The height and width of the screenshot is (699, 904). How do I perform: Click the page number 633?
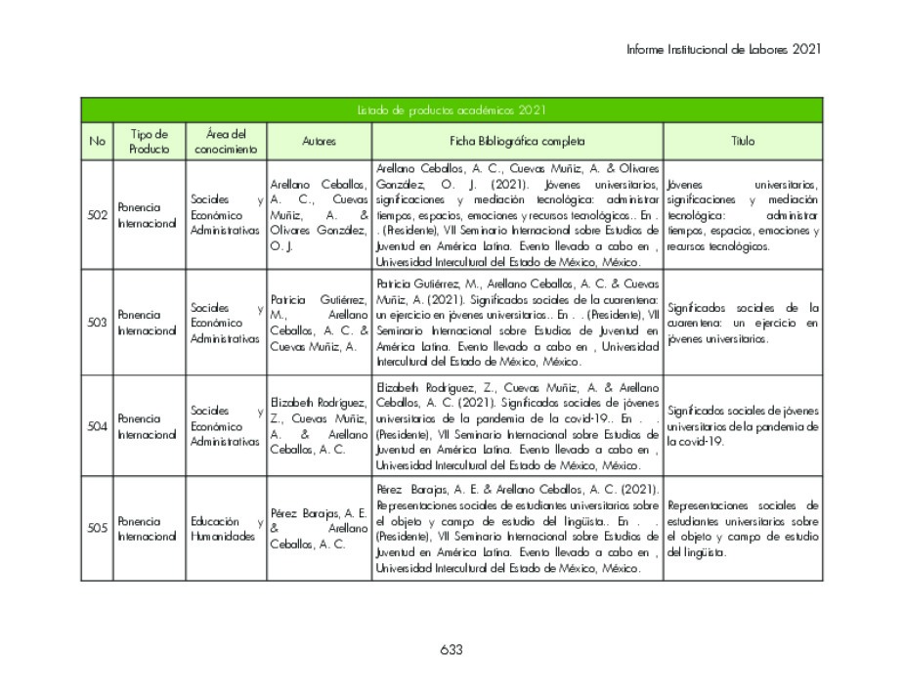coord(451,650)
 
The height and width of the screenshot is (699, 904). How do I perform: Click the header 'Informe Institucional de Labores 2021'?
coord(723,48)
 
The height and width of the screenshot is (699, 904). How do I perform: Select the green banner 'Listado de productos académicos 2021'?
coord(451,110)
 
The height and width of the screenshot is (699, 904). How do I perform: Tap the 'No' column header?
coord(97,142)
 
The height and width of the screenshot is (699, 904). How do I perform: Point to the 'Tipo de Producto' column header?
coord(149,142)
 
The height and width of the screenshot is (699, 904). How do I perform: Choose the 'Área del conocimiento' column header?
coord(226,142)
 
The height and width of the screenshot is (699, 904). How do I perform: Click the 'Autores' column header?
coord(319,142)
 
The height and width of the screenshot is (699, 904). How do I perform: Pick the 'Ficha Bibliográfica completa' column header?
coord(517,142)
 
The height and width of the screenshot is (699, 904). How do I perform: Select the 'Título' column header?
coord(743,142)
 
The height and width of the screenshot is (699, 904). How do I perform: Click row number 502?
coord(97,215)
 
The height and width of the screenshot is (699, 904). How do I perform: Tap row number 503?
coord(97,323)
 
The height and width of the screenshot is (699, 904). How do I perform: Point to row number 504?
coord(97,426)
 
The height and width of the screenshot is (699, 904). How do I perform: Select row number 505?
coord(97,529)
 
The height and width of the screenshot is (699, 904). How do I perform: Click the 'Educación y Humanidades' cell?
coord(226,529)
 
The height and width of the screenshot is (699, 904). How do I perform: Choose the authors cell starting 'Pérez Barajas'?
coord(319,529)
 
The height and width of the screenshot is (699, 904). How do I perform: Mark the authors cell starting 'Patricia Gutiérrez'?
coord(319,323)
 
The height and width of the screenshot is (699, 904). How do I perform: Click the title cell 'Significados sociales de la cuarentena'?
coord(743,323)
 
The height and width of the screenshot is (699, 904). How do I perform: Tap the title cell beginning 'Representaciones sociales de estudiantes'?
coord(743,529)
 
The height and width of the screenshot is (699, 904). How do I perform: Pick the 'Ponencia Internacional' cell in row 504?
coord(149,426)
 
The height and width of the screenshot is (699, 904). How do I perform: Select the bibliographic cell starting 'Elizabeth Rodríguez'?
coord(517,426)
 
